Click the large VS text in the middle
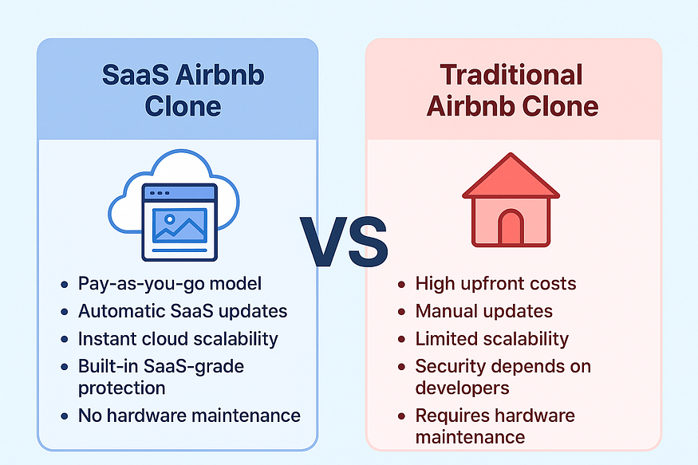click(344, 242)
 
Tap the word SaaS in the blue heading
click(136, 74)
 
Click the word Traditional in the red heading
click(511, 74)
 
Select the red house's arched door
click(511, 227)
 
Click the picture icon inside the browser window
click(179, 226)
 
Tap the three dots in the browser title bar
click(160, 193)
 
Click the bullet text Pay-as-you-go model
click(170, 284)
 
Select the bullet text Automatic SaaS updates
click(183, 311)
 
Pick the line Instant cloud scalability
click(178, 339)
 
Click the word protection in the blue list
click(122, 388)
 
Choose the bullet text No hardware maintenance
click(189, 416)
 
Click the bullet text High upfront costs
click(495, 283)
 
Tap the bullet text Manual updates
click(484, 311)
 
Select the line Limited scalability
click(492, 339)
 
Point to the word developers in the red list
click(462, 388)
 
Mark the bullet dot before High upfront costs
click(401, 284)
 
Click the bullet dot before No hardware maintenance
click(65, 416)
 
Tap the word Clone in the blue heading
click(183, 106)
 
